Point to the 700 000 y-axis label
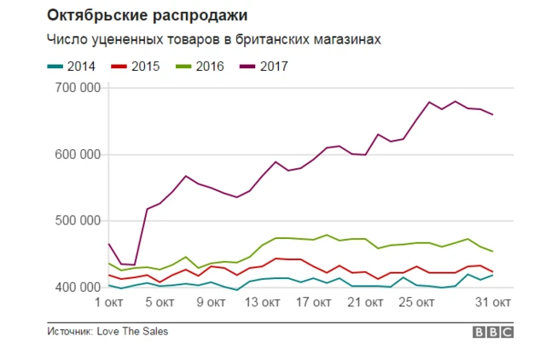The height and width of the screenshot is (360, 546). click(x=76, y=88)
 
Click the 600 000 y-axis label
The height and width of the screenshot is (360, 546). click(x=76, y=154)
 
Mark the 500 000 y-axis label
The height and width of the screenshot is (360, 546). click(x=76, y=221)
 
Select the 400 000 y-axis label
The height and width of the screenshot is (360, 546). click(x=76, y=287)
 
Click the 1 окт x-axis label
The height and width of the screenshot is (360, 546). click(x=110, y=302)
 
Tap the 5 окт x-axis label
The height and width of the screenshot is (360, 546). click(x=160, y=302)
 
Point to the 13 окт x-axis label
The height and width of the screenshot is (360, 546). click(x=262, y=302)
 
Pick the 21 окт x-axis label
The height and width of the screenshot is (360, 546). click(x=363, y=302)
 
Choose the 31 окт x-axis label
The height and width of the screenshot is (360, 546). click(x=493, y=302)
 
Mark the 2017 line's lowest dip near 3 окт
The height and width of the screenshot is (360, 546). click(x=133, y=265)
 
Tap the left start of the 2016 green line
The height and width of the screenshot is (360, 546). click(x=108, y=263)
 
